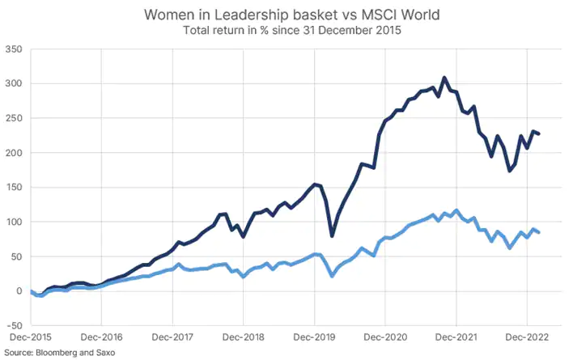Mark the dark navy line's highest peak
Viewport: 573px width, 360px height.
[x=444, y=78]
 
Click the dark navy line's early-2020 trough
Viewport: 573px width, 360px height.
[x=332, y=235]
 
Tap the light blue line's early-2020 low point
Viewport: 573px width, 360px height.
[x=332, y=277]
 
